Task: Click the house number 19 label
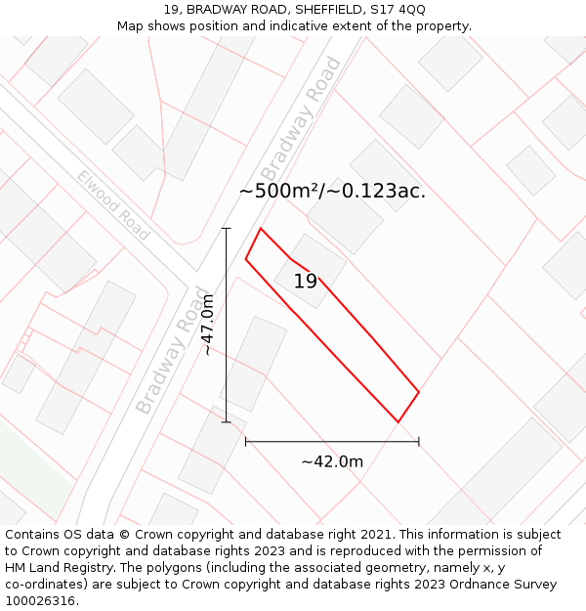tap(306, 282)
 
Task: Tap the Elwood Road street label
tap(114, 205)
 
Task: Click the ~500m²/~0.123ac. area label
tap(332, 191)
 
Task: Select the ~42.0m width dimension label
tap(332, 461)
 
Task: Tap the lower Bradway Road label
tap(174, 350)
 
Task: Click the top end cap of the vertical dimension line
tap(227, 229)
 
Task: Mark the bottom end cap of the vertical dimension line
tap(227, 422)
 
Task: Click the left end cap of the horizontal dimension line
tap(246, 442)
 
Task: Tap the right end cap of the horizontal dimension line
tap(419, 442)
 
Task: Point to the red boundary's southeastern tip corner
tap(398, 422)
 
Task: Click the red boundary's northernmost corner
tap(261, 229)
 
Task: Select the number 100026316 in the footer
tap(40, 601)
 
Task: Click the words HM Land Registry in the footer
tap(55, 568)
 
